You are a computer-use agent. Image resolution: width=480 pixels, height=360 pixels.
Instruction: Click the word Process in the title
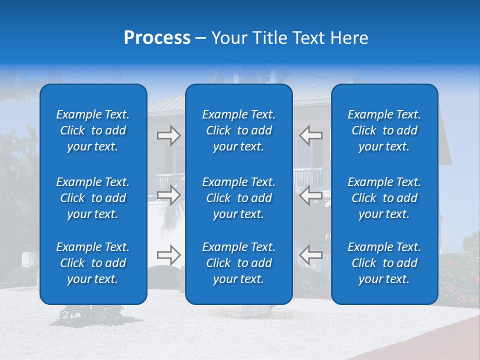pyautogui.click(x=157, y=38)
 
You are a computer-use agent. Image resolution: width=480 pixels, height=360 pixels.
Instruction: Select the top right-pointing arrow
pyautogui.click(x=169, y=135)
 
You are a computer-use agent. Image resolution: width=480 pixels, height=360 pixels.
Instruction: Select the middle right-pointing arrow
pyautogui.click(x=169, y=195)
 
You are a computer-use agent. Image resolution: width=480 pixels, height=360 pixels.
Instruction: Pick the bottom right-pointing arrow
pyautogui.click(x=169, y=255)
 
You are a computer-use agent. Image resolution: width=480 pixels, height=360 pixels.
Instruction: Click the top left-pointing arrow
pyautogui.click(x=310, y=135)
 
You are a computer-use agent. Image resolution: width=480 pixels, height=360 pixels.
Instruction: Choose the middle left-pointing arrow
pyautogui.click(x=310, y=195)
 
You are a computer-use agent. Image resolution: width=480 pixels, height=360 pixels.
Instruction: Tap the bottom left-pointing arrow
pyautogui.click(x=310, y=255)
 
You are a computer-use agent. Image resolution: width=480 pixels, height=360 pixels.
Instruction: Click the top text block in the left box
pyautogui.click(x=93, y=130)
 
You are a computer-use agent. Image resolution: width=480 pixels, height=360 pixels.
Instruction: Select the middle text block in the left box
pyautogui.click(x=93, y=198)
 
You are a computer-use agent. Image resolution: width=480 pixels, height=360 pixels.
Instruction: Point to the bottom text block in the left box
pyautogui.click(x=93, y=263)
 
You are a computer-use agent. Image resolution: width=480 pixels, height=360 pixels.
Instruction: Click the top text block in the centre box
pyautogui.click(x=238, y=130)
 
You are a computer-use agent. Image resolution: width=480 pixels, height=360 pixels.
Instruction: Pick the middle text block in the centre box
pyautogui.click(x=238, y=198)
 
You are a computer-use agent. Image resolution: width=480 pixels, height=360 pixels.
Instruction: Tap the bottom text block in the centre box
pyautogui.click(x=238, y=263)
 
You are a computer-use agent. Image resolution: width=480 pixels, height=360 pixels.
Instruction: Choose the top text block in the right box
pyautogui.click(x=384, y=130)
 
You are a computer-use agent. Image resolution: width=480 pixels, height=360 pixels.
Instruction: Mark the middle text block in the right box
pyautogui.click(x=384, y=198)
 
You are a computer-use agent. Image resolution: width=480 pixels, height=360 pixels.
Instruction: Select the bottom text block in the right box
pyautogui.click(x=384, y=263)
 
